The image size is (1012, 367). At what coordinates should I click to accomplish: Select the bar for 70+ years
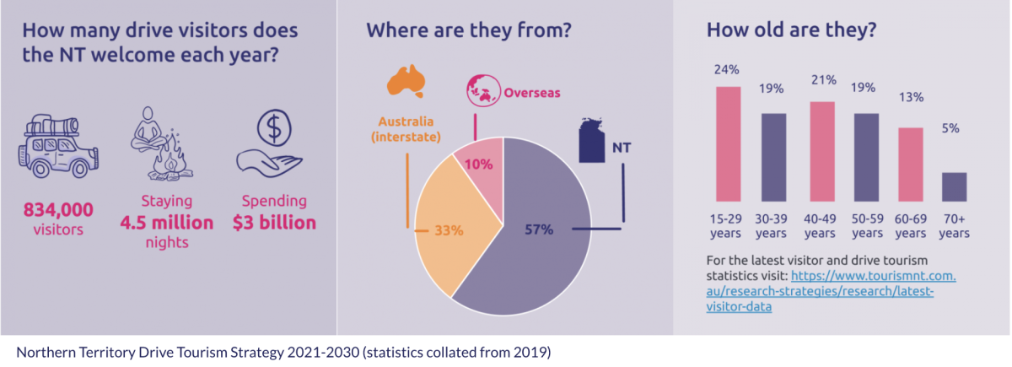tap(954, 187)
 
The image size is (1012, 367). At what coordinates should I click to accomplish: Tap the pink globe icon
tap(483, 90)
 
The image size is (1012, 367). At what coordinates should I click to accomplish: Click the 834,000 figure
tap(59, 209)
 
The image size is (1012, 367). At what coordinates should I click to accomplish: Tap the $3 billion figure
tap(275, 223)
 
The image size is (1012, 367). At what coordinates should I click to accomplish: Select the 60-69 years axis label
tap(909, 225)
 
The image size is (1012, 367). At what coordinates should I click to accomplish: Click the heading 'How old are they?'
tap(791, 31)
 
